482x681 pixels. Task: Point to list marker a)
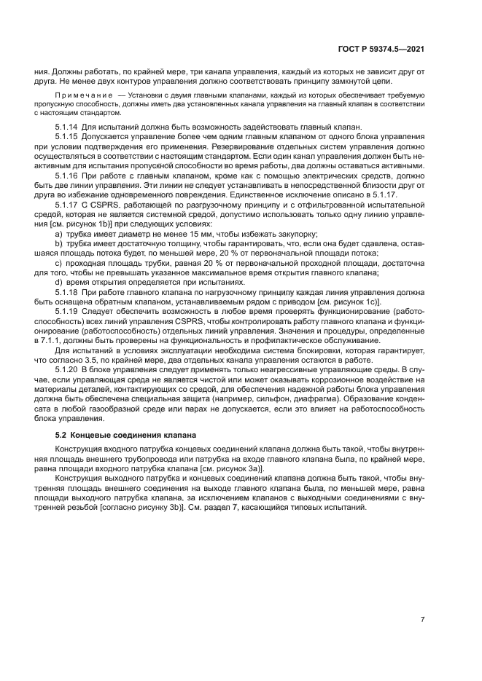tap(58, 234)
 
